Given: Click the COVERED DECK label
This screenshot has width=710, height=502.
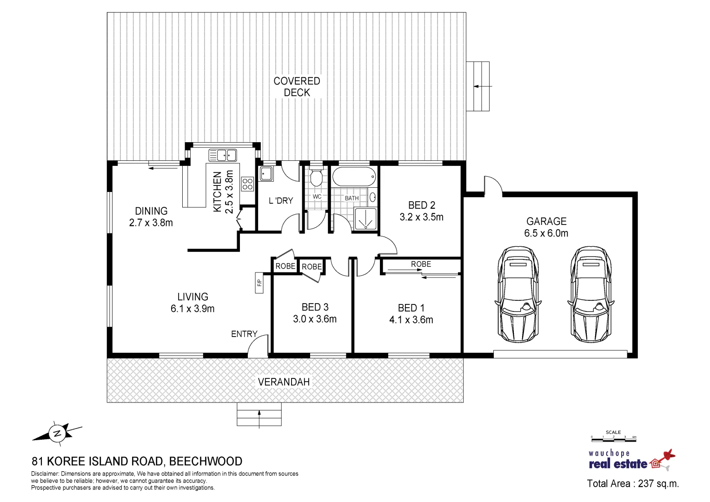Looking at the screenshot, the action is [297, 87].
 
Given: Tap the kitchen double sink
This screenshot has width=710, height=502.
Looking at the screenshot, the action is [223, 155].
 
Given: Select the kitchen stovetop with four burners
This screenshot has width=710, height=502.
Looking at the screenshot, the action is [247, 184].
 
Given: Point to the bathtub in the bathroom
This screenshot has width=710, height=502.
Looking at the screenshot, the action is [354, 177].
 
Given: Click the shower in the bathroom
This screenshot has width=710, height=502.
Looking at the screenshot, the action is [365, 218].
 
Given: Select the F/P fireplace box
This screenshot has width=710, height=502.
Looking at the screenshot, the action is [259, 283].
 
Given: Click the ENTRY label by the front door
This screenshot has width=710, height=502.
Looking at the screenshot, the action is [244, 334].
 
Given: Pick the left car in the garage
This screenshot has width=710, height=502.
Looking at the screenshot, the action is [518, 294].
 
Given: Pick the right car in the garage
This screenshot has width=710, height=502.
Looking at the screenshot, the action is [591, 294].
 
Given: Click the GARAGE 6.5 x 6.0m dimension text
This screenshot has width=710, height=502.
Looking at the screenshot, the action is [546, 233].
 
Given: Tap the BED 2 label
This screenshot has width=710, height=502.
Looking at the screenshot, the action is [422, 205].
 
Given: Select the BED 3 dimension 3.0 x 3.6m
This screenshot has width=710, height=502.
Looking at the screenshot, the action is [315, 319].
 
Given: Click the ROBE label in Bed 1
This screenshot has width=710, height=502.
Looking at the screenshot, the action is [421, 264].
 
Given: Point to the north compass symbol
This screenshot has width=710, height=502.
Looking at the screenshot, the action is [57, 433].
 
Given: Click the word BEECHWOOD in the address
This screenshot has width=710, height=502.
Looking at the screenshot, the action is [206, 461].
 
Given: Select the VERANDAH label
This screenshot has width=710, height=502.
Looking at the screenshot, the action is [284, 382].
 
